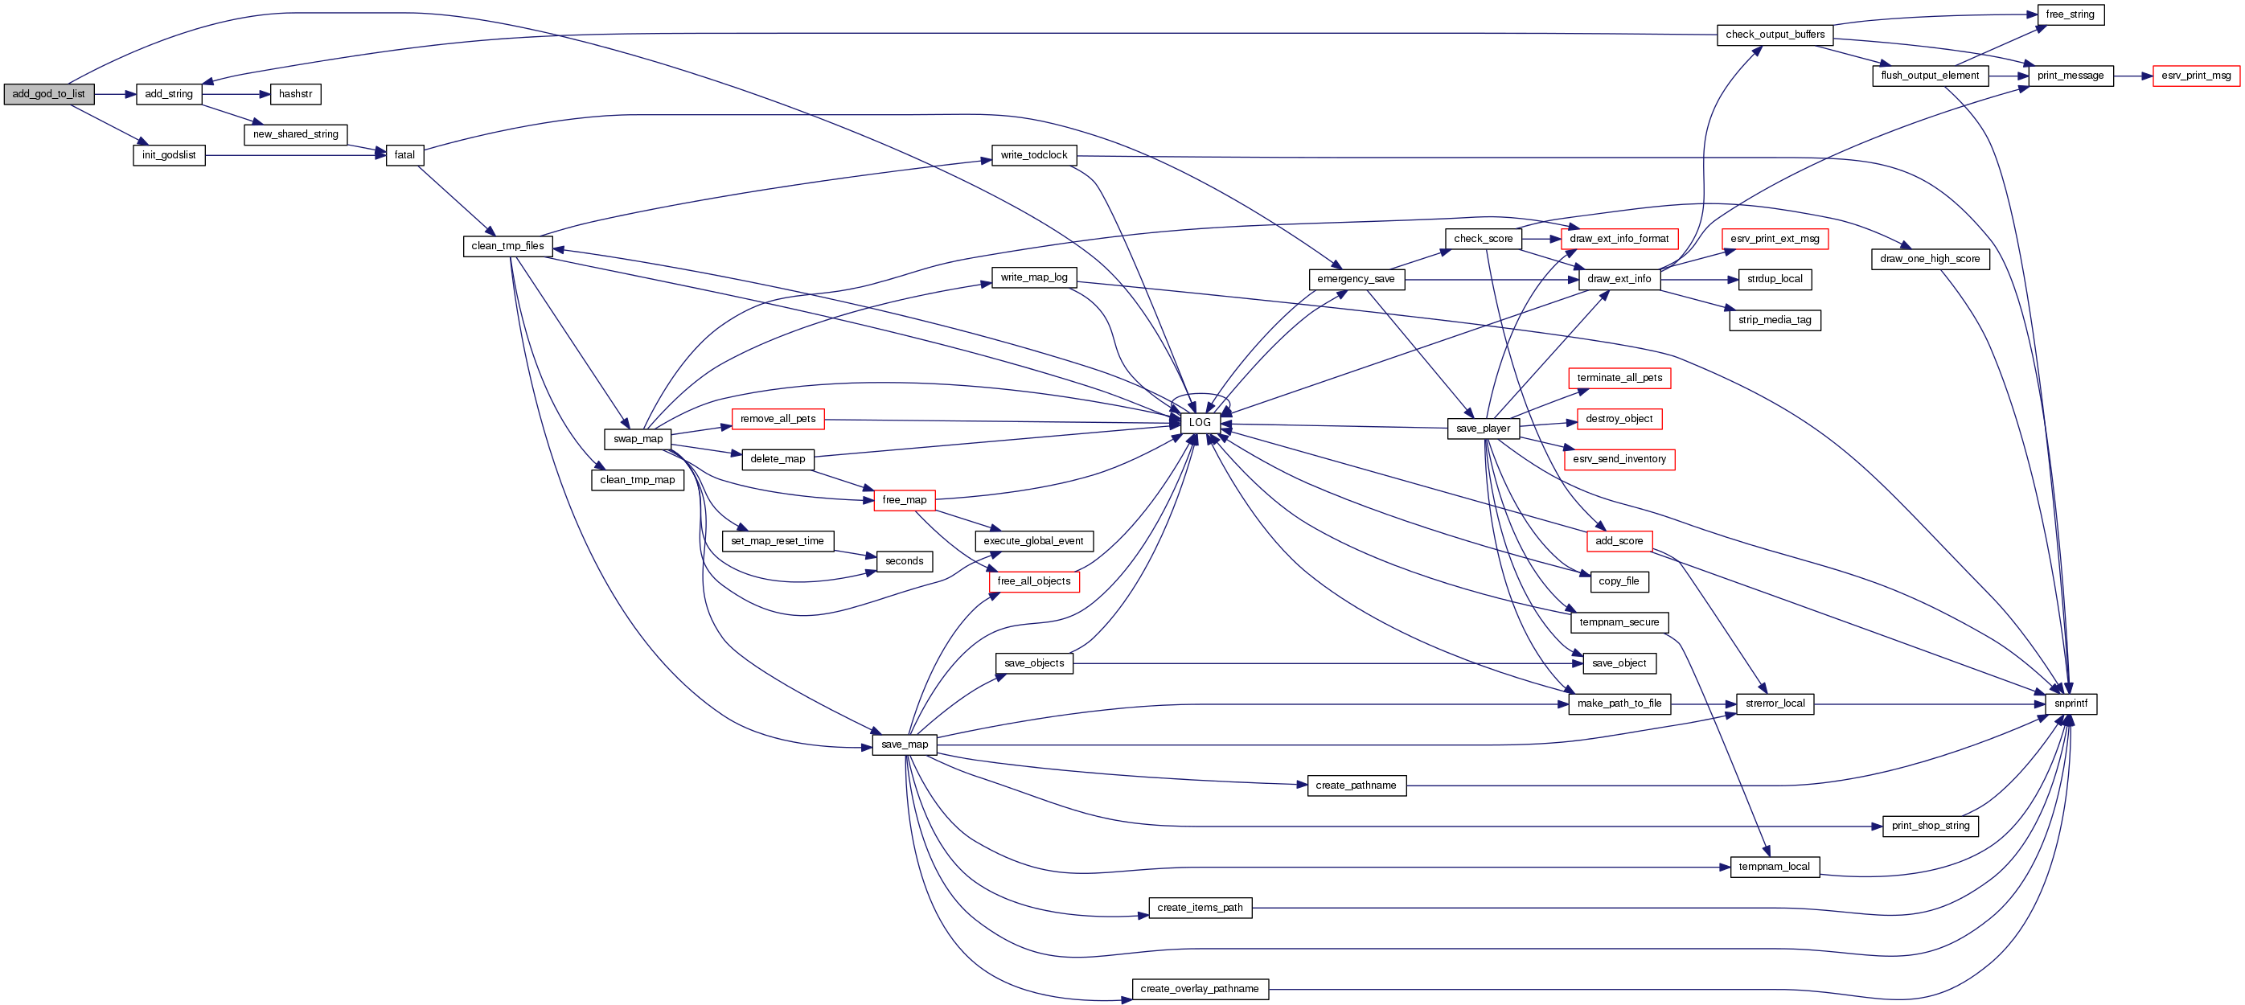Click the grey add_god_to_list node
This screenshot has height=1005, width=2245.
tap(49, 94)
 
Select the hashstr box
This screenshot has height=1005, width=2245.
tap(295, 94)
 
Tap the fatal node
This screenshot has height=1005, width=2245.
tap(404, 155)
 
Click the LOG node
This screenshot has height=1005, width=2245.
tap(1200, 423)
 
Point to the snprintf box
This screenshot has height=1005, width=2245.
tap(2070, 703)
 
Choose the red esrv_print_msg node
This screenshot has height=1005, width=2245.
tap(2195, 76)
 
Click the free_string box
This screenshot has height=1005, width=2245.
tap(2070, 14)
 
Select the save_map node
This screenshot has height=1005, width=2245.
tap(905, 745)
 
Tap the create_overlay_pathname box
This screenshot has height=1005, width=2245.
tap(1199, 988)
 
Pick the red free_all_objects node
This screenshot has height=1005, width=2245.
tap(1033, 581)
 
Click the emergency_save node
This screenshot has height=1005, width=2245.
tap(1355, 279)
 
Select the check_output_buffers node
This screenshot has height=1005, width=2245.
tap(1775, 35)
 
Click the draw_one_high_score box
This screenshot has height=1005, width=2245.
tap(1930, 259)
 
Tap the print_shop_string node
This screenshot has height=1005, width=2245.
tap(1931, 826)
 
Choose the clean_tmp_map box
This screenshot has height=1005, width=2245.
tap(637, 480)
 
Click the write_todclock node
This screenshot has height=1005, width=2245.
tap(1033, 155)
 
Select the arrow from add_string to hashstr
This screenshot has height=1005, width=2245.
tap(236, 94)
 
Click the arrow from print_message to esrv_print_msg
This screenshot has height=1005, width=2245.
tap(2132, 76)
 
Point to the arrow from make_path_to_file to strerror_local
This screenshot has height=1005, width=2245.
tap(1703, 703)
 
